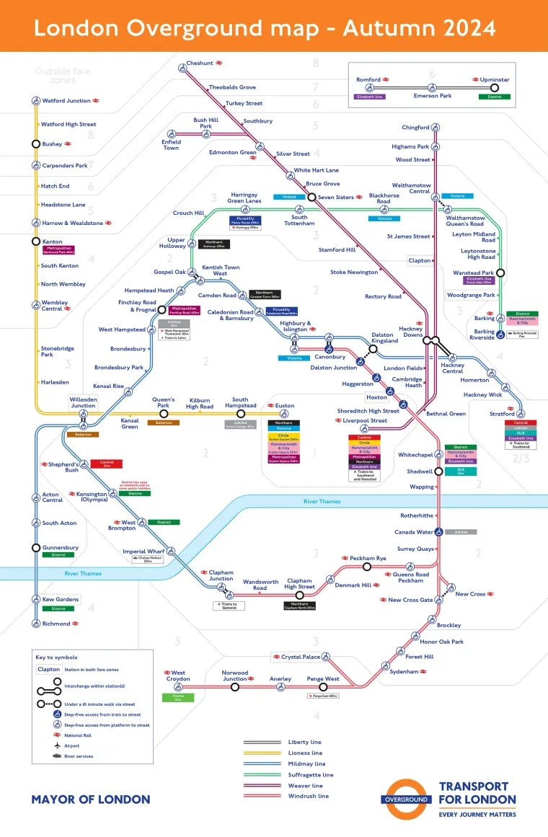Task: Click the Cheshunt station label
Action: click(x=200, y=63)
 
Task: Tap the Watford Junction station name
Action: click(x=66, y=101)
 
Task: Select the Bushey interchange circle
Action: click(x=35, y=144)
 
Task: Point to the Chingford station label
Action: click(x=415, y=128)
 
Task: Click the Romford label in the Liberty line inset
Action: click(x=368, y=79)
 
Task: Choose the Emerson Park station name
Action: click(x=432, y=96)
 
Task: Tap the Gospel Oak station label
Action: click(x=169, y=272)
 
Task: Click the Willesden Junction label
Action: click(x=83, y=402)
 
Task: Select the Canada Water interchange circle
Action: click(x=439, y=532)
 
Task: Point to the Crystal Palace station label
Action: click(x=301, y=657)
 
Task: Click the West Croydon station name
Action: click(x=178, y=676)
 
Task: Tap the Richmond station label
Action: click(x=56, y=624)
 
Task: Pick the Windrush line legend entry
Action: click(x=308, y=796)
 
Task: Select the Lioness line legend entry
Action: click(x=305, y=753)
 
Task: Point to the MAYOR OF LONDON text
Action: click(x=91, y=799)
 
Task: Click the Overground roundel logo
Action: click(x=407, y=799)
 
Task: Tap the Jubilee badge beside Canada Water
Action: click(x=461, y=532)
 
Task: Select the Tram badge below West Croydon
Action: click(x=178, y=696)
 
